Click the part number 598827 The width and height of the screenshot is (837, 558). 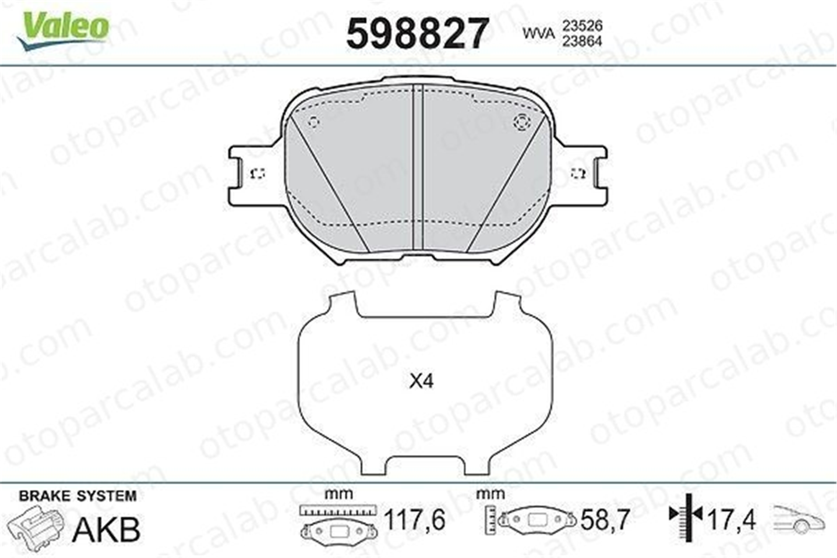point(418,33)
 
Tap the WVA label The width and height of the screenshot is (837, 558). point(538,34)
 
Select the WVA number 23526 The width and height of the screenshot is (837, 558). point(582,26)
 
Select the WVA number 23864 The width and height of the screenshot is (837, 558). point(582,41)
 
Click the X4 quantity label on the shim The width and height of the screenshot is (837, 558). point(421,381)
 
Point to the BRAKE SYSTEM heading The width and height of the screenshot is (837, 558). point(78,496)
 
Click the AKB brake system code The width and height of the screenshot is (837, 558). point(106,530)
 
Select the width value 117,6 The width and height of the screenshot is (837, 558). point(415,520)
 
